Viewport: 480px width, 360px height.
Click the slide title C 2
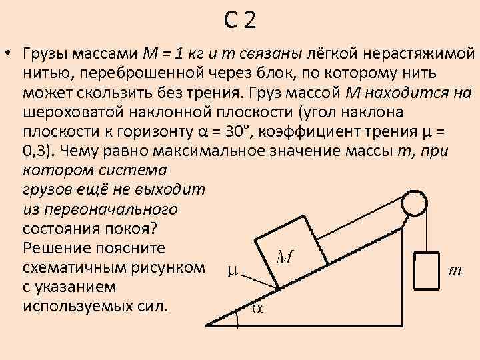(x=239, y=22)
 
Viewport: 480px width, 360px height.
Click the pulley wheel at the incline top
(x=415, y=201)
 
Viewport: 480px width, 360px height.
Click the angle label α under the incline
(x=256, y=308)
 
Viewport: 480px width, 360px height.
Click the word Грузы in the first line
(x=47, y=53)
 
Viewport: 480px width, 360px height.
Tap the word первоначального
(x=100, y=209)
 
